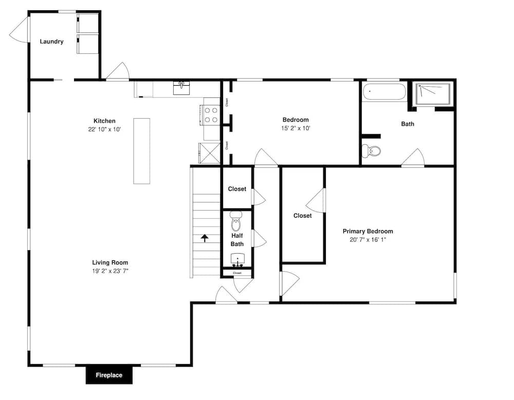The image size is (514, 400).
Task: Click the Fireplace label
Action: pos(109,375)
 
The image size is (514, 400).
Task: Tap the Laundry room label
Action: pos(51,42)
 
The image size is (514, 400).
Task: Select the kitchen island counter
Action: pos(142,151)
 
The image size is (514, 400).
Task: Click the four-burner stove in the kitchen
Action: pos(211,116)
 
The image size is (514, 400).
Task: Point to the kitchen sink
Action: pos(181,88)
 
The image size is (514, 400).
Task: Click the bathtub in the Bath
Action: pos(384,92)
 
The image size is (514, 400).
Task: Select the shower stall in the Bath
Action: pos(433,94)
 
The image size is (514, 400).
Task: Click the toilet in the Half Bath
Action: pos(236,221)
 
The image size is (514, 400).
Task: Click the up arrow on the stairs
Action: pos(205,238)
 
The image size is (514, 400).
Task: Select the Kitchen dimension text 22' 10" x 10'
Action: pos(104,129)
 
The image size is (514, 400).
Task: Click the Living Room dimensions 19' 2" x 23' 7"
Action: pos(110,271)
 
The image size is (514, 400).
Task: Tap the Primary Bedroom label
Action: pos(368,231)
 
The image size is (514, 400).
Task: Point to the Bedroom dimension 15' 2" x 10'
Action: pos(296,128)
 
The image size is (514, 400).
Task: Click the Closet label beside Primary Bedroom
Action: pos(303,216)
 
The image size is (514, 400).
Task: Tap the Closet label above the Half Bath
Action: pos(237,189)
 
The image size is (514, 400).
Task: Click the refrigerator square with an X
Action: pos(209,153)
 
